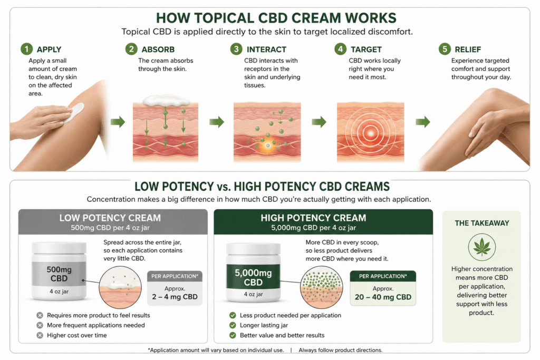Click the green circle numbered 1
click(x=26, y=49)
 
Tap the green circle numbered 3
click(x=236, y=49)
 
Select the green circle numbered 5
click(x=445, y=49)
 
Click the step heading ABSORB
click(x=158, y=50)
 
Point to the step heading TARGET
click(x=366, y=50)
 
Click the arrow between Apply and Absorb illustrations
click(x=118, y=121)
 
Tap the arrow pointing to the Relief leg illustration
click(x=423, y=121)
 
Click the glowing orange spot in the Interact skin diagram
click(x=268, y=145)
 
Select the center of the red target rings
click(x=370, y=132)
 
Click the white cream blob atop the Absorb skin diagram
click(x=166, y=100)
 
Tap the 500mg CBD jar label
click(x=59, y=274)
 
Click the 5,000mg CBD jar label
click(x=253, y=277)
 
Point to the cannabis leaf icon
click(x=482, y=247)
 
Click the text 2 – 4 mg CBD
click(x=175, y=297)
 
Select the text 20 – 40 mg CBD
click(x=383, y=297)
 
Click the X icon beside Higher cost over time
click(x=40, y=335)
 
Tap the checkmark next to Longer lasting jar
click(x=233, y=325)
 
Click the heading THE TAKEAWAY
click(x=482, y=223)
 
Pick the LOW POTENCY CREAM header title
click(x=110, y=218)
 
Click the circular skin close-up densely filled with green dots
click(x=321, y=287)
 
